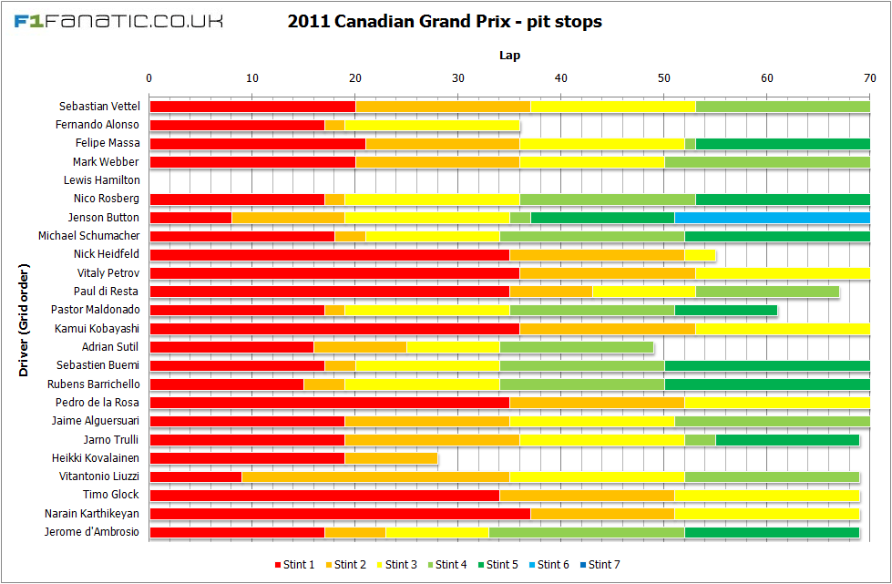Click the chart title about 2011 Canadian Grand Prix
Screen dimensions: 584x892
click(445, 21)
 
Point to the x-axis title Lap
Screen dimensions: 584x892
click(509, 56)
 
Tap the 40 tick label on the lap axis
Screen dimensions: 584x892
click(561, 77)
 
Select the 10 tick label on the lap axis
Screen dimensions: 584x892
click(252, 77)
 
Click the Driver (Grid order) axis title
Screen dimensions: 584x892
click(25, 320)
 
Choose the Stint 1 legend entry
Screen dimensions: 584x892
click(294, 565)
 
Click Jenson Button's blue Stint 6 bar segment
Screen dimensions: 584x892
click(772, 218)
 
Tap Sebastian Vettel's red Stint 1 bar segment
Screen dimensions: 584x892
click(252, 107)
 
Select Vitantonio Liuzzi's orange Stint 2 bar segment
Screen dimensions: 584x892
click(375, 476)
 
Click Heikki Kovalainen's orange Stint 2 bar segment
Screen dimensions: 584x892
click(391, 458)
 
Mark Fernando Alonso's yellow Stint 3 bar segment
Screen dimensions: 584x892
click(432, 125)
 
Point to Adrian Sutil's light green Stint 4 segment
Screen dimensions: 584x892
click(577, 347)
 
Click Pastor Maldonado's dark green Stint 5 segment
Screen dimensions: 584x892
click(726, 310)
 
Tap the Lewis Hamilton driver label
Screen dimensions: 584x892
click(102, 180)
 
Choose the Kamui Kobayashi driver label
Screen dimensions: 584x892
click(97, 329)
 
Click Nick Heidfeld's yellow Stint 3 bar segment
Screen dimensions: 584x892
click(700, 254)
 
